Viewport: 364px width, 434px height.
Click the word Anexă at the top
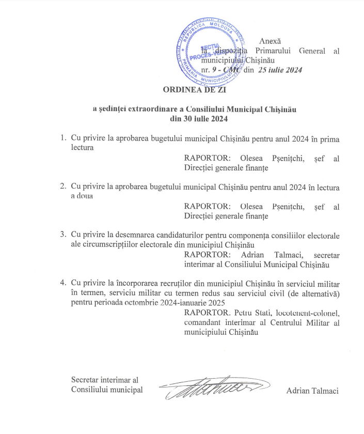click(x=270, y=41)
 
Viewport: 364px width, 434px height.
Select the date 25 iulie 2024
click(x=280, y=70)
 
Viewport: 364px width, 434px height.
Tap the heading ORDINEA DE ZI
click(x=195, y=89)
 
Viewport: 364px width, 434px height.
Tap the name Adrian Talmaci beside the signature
click(x=312, y=391)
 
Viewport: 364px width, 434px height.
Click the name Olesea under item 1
click(x=251, y=158)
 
